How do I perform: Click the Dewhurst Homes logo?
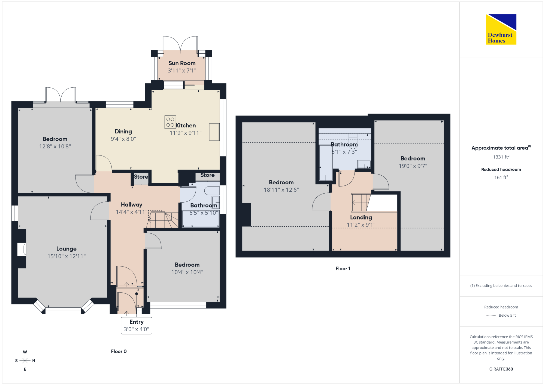pos(501,29)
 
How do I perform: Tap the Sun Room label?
pos(182,63)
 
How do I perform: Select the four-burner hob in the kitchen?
pos(170,122)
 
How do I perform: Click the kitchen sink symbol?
pos(214,132)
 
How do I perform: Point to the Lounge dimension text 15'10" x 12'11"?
pos(66,256)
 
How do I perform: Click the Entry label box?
pos(137,325)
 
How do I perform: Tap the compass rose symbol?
pos(25,361)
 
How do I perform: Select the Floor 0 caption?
pos(119,352)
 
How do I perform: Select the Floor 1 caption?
pos(343,268)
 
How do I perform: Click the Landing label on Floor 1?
pos(361,217)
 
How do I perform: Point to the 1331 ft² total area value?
pos(501,157)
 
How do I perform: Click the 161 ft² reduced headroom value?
pos(501,177)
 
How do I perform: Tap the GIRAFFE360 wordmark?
pos(501,369)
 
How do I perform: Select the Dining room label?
pos(123,132)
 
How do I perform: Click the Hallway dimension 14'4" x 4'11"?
pos(132,212)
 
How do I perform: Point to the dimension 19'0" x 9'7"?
pos(413,166)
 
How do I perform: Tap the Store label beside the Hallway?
pos(141,177)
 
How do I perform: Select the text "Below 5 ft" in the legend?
pos(507,315)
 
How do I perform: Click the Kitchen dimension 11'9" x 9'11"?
pos(186,133)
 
